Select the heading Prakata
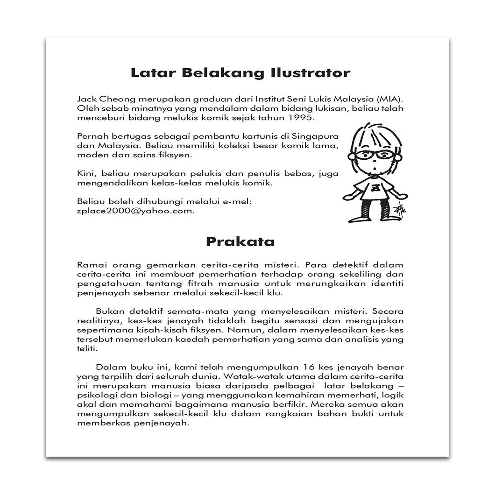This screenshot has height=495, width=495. tap(240, 242)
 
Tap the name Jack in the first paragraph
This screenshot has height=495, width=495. tap(85, 99)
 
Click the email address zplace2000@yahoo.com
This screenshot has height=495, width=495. tap(136, 211)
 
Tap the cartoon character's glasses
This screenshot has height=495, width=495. tap(374, 155)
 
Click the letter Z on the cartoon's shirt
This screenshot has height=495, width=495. tap(375, 188)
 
